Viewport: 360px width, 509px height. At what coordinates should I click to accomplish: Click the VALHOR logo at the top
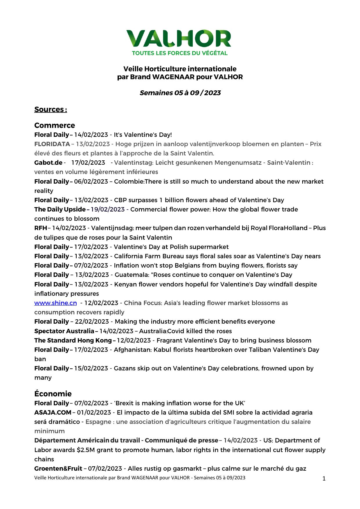point(179,38)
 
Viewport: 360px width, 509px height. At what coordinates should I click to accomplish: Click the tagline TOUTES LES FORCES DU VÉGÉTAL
point(180,53)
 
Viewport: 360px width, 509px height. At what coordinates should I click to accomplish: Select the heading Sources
point(51,109)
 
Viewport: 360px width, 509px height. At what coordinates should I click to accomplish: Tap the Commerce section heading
point(55,125)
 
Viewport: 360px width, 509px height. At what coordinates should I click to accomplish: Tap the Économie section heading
point(53,394)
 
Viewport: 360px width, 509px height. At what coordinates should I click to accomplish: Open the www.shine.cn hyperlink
point(55,303)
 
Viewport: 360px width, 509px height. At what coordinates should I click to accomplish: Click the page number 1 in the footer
point(324,479)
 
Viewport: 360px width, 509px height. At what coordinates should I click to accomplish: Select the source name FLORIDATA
point(52,144)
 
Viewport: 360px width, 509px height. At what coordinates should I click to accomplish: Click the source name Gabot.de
point(48,162)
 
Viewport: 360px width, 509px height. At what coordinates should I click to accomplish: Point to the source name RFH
point(41,228)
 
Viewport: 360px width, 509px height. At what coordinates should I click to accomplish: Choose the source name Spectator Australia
point(64,331)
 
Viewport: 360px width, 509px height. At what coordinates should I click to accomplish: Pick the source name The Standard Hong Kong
point(73,340)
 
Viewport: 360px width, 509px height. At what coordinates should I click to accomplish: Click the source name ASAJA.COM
point(53,412)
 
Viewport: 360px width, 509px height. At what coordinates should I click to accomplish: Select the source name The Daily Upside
point(60,209)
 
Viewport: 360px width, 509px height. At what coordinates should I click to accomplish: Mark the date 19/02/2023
point(108,209)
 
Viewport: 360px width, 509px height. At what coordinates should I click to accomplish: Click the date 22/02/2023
point(92,321)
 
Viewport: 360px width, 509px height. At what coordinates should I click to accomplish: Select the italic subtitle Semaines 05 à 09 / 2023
point(180,93)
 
